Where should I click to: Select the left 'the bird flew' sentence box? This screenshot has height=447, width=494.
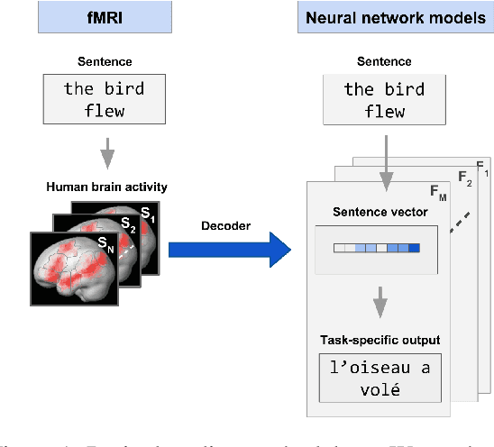click(104, 100)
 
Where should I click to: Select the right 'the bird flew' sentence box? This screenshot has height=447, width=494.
click(383, 100)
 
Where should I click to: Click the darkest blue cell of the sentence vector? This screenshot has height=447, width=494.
click(415, 249)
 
